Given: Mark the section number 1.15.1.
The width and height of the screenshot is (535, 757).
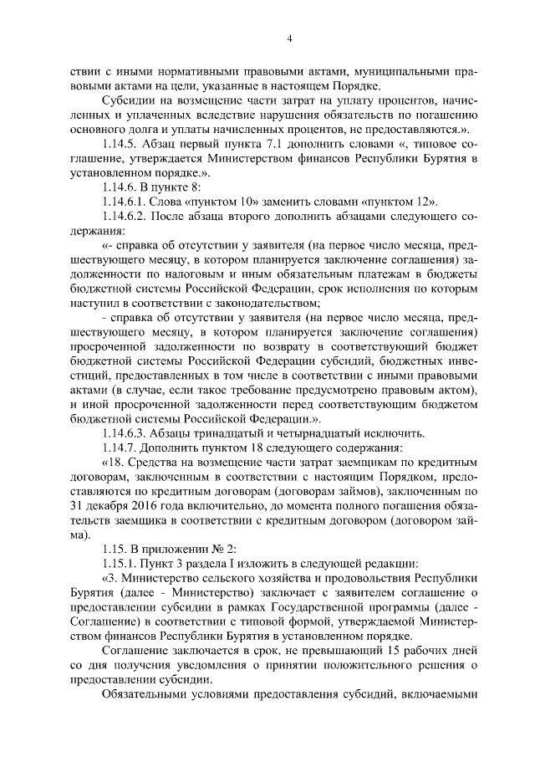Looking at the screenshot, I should [121, 563].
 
